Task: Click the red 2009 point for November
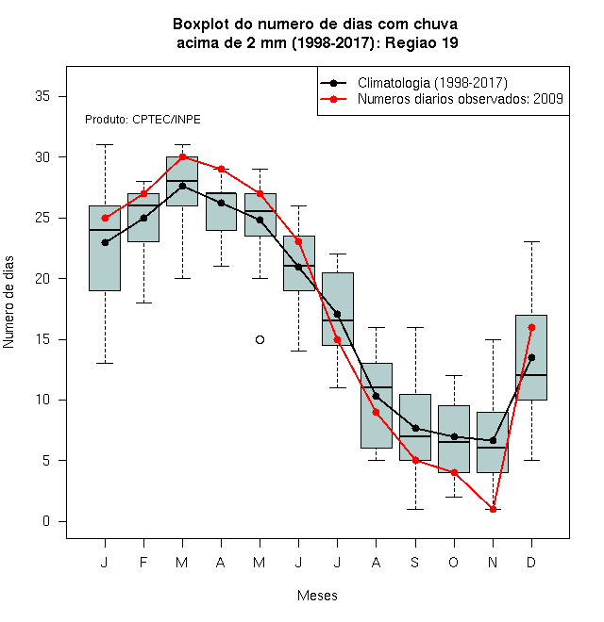click(x=493, y=509)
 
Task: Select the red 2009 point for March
click(x=182, y=156)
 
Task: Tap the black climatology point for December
click(x=531, y=357)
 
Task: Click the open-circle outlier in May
click(x=260, y=339)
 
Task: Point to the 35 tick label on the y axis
click(x=42, y=96)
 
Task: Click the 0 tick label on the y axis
click(x=46, y=521)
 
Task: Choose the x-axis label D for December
click(x=531, y=562)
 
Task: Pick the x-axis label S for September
click(x=415, y=562)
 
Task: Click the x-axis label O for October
click(x=453, y=562)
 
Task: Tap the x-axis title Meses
click(x=317, y=596)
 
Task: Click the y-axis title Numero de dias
click(x=8, y=303)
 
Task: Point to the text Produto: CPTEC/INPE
click(x=143, y=120)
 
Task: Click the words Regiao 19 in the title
click(x=422, y=42)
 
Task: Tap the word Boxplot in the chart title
click(x=201, y=25)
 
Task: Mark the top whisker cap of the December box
click(x=531, y=241)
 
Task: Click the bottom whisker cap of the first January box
click(x=105, y=363)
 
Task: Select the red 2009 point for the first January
click(x=105, y=219)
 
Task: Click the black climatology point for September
click(x=415, y=428)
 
